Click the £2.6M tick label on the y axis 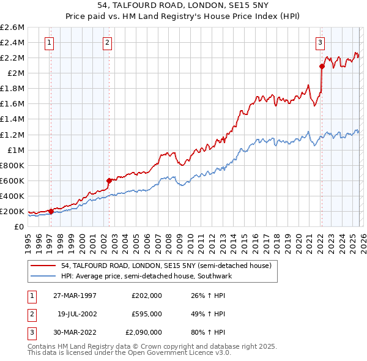click(12, 28)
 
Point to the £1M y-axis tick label click(15, 150)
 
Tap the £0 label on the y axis click(20, 226)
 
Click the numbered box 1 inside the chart click(49, 42)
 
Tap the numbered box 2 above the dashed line click(107, 42)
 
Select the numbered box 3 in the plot click(320, 42)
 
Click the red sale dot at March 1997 click(51, 211)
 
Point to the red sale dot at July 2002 click(109, 180)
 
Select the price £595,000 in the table click(146, 314)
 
